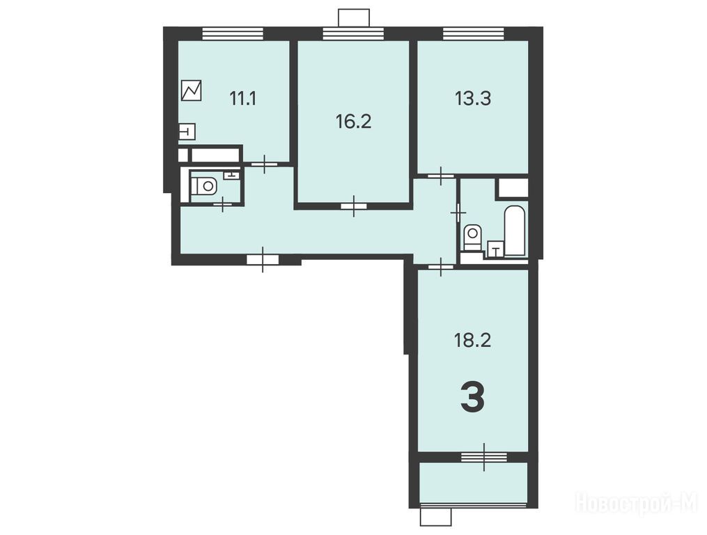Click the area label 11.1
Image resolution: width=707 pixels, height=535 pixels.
(x=243, y=98)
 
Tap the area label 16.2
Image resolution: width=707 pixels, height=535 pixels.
(x=354, y=121)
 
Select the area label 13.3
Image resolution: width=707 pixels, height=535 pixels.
(x=473, y=98)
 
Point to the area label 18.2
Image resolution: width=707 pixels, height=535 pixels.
(x=472, y=340)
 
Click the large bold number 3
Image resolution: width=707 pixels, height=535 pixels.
(x=472, y=397)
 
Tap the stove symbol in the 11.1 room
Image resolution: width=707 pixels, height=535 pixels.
(x=191, y=91)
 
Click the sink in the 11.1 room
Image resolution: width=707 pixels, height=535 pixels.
(x=187, y=131)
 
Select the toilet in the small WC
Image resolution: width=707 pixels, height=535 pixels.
(x=204, y=185)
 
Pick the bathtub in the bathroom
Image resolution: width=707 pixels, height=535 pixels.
(x=515, y=231)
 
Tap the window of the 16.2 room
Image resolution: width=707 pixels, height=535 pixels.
(x=353, y=34)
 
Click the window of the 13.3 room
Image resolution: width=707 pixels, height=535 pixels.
(x=473, y=34)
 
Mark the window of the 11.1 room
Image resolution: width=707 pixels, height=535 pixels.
(x=232, y=34)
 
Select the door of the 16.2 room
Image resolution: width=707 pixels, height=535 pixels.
(x=354, y=206)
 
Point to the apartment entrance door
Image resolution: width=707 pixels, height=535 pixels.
(x=263, y=259)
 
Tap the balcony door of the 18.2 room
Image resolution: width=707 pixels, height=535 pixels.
(x=484, y=457)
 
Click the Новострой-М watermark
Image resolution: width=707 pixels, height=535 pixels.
(x=637, y=502)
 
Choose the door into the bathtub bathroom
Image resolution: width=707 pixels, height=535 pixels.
(x=458, y=212)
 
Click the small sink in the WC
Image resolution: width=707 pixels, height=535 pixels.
(x=231, y=175)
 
